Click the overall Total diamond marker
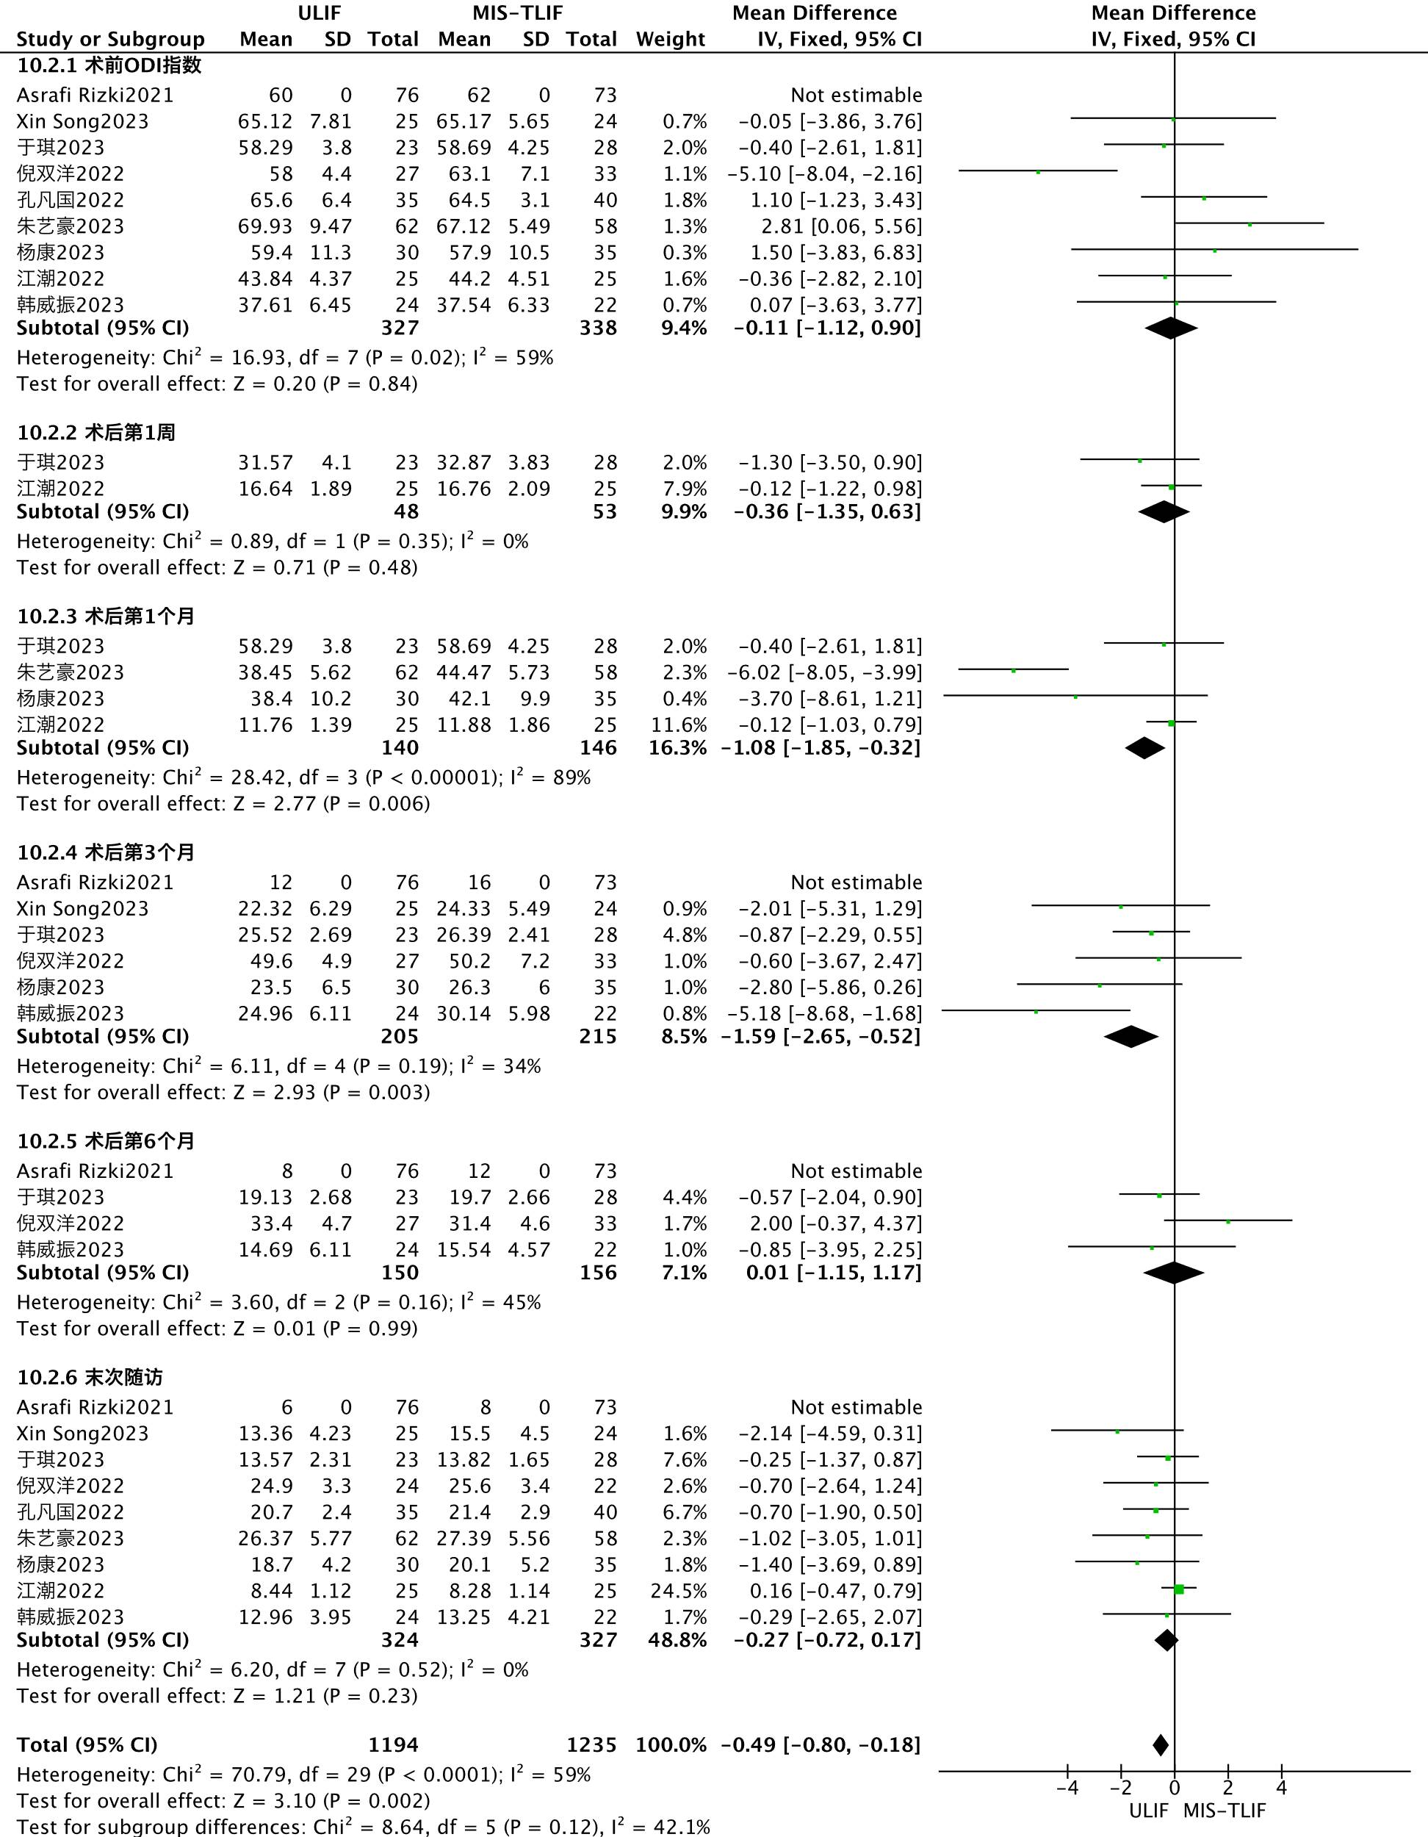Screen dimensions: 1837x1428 pos(1161,1745)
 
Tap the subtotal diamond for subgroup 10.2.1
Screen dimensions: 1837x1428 pos(1172,328)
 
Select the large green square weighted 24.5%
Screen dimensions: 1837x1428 pos(1179,1589)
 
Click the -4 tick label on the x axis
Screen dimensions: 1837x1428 pos(1067,1789)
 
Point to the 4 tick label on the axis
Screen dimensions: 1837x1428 pos(1282,1789)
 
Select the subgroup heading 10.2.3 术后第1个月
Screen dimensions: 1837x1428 pos(106,616)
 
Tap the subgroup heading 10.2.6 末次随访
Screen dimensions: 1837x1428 pos(90,1378)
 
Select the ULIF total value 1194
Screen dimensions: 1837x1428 pos(393,1745)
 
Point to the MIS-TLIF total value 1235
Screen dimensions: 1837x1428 pos(591,1745)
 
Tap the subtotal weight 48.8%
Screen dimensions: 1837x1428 pos(677,1640)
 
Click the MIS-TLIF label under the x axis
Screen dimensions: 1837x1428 pos(1225,1811)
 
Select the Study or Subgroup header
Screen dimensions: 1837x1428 pos(110,40)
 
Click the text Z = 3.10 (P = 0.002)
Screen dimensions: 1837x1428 pos(330,1801)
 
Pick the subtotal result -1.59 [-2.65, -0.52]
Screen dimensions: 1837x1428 pos(821,1036)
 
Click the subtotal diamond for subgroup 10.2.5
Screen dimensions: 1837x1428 pos(1174,1273)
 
